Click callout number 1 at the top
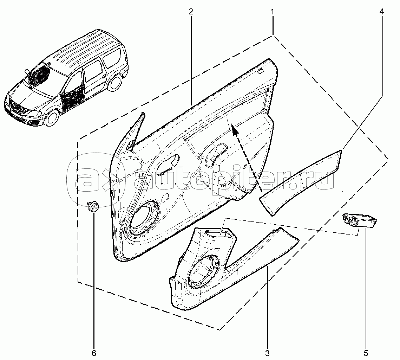pyautogui.click(x=272, y=12)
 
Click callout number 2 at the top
pyautogui.click(x=190, y=12)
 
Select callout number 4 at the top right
pyautogui.click(x=381, y=12)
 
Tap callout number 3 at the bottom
pyautogui.click(x=268, y=353)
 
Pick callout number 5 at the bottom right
pyautogui.click(x=365, y=353)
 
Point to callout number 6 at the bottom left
pyautogui.click(x=94, y=353)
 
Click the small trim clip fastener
pyautogui.click(x=93, y=206)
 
